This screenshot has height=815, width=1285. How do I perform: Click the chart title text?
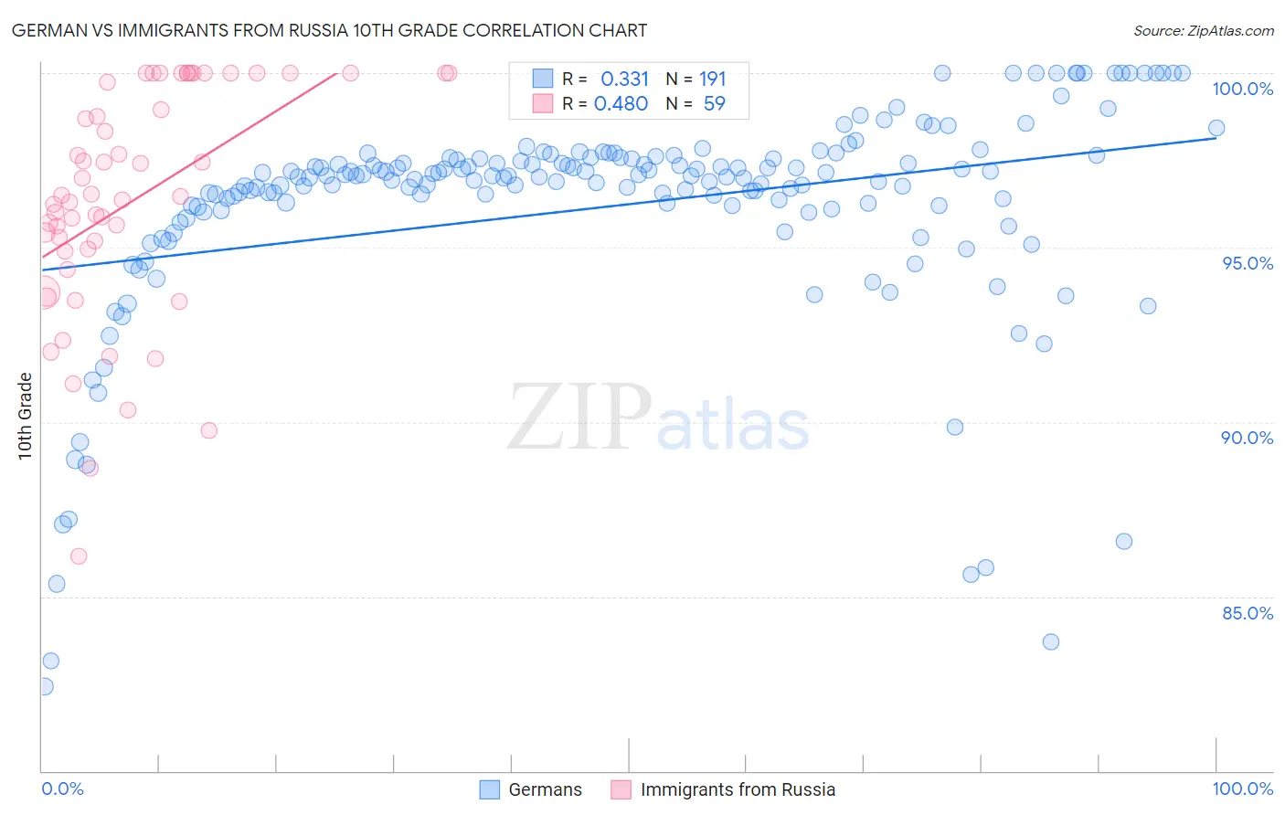[x=329, y=30]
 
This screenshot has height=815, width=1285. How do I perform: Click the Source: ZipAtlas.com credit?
[x=1203, y=30]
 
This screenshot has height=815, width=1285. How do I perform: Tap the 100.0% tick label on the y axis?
[x=1242, y=89]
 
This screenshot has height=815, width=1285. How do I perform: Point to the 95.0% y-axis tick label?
[x=1248, y=263]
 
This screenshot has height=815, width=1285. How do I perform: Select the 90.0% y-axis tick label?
[x=1247, y=438]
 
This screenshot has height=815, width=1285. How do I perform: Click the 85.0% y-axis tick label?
[x=1248, y=613]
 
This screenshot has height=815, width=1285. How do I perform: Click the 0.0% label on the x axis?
[x=62, y=789]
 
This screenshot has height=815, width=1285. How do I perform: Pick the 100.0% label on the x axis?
[x=1242, y=789]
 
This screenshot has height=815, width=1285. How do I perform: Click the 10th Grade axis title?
[x=25, y=416]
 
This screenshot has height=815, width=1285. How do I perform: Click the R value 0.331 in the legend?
[x=624, y=79]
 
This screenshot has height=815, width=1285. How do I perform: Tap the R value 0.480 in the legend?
[x=621, y=104]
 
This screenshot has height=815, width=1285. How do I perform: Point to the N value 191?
[x=712, y=79]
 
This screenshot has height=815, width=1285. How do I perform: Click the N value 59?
[x=714, y=104]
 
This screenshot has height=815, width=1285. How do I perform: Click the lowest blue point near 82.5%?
[x=44, y=686]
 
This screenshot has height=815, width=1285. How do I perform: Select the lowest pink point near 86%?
[x=79, y=556]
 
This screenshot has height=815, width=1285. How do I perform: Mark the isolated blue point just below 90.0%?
[x=955, y=427]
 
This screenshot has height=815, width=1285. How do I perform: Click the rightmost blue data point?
[x=1216, y=128]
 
